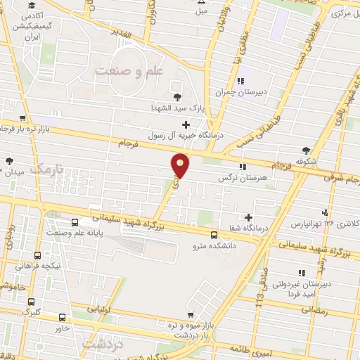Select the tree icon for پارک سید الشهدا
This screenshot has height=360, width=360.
(x=176, y=96)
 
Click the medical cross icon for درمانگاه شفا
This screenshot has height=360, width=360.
(x=248, y=217)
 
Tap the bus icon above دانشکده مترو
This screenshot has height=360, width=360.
(x=214, y=235)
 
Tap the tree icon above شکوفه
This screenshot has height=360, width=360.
(x=306, y=150)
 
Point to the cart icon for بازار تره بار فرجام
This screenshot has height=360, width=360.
(x=23, y=118)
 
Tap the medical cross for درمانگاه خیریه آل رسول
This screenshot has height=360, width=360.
(x=186, y=124)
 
